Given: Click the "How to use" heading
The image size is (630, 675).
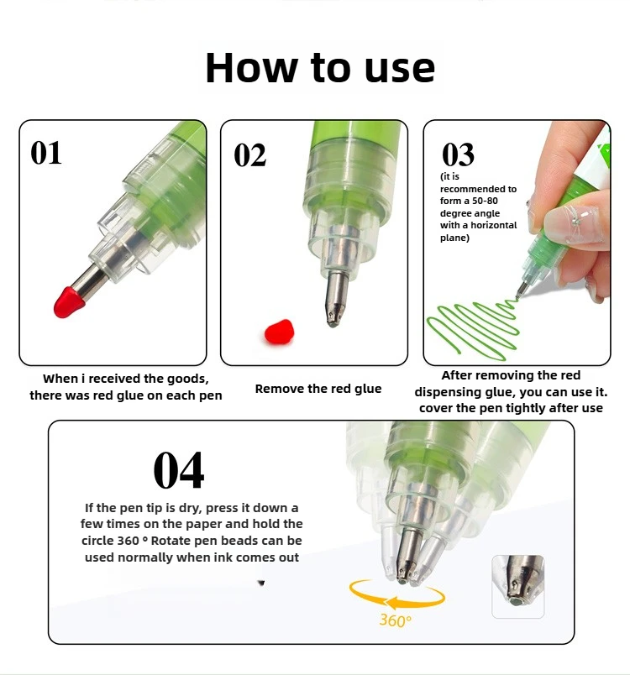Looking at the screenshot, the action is point(320,68).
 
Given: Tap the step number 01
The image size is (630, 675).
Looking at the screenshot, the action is point(46,153).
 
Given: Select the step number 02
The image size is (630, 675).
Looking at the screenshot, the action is point(249,155).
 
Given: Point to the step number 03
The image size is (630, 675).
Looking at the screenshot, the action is point(458,154).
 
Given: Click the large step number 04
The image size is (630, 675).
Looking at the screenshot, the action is point(179,470).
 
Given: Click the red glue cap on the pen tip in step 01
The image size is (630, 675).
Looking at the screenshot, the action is point(69,301).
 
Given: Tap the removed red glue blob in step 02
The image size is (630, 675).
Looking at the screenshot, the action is point(279,332).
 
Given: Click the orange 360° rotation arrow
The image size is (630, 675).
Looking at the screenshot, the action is point(397,595).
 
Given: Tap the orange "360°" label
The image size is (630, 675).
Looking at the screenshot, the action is point(396,620).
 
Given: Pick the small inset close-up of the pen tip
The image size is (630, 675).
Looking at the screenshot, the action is point(518,586).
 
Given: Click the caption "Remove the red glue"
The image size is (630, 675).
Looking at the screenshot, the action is point(318,389).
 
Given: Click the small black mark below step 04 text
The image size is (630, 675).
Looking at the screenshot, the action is point(261,583).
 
